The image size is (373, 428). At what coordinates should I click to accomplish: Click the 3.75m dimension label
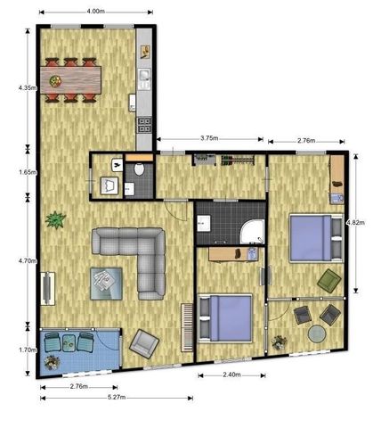coord(210,138)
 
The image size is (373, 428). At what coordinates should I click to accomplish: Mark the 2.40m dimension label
coord(231,375)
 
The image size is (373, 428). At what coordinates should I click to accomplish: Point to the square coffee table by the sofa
coord(104,282)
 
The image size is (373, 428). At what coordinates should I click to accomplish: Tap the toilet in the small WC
coord(139,170)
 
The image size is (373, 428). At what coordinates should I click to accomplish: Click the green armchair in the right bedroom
coord(329,282)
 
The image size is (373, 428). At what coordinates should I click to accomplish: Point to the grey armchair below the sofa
coord(142,342)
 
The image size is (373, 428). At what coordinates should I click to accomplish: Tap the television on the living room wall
coord(46,287)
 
